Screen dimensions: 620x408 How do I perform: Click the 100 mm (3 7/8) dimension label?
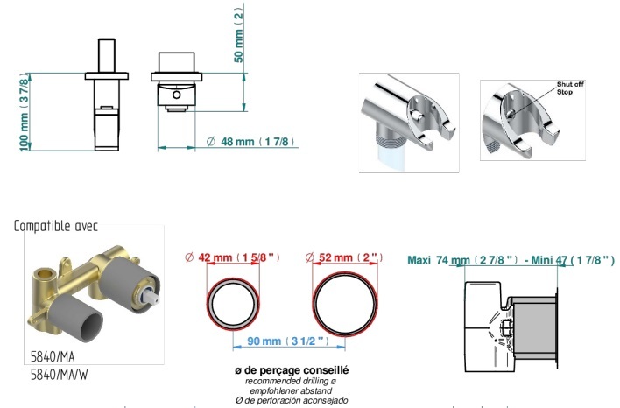pyautogui.click(x=25, y=112)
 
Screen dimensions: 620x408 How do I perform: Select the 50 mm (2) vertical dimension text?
pyautogui.click(x=238, y=35)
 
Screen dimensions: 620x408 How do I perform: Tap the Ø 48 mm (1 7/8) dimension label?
pyautogui.click(x=250, y=142)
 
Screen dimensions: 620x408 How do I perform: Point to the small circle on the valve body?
pyautogui.click(x=176, y=95)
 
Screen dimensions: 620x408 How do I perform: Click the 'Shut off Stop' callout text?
pyautogui.click(x=570, y=88)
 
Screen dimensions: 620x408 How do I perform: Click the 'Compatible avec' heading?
pyautogui.click(x=56, y=226)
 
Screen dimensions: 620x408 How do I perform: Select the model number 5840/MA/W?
pyautogui.click(x=60, y=375)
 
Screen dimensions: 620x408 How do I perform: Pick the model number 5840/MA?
pyautogui.click(x=53, y=356)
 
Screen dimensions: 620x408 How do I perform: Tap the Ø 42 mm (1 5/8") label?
pyautogui.click(x=233, y=257)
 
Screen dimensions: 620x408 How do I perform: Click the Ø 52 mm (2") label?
pyautogui.click(x=344, y=257)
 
